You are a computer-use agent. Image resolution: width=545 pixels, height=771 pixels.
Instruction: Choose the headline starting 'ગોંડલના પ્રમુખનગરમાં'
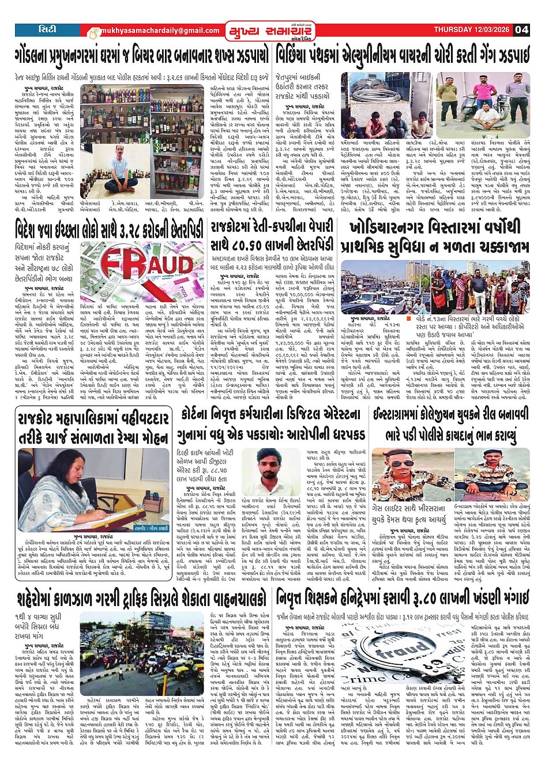pos(141,55)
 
